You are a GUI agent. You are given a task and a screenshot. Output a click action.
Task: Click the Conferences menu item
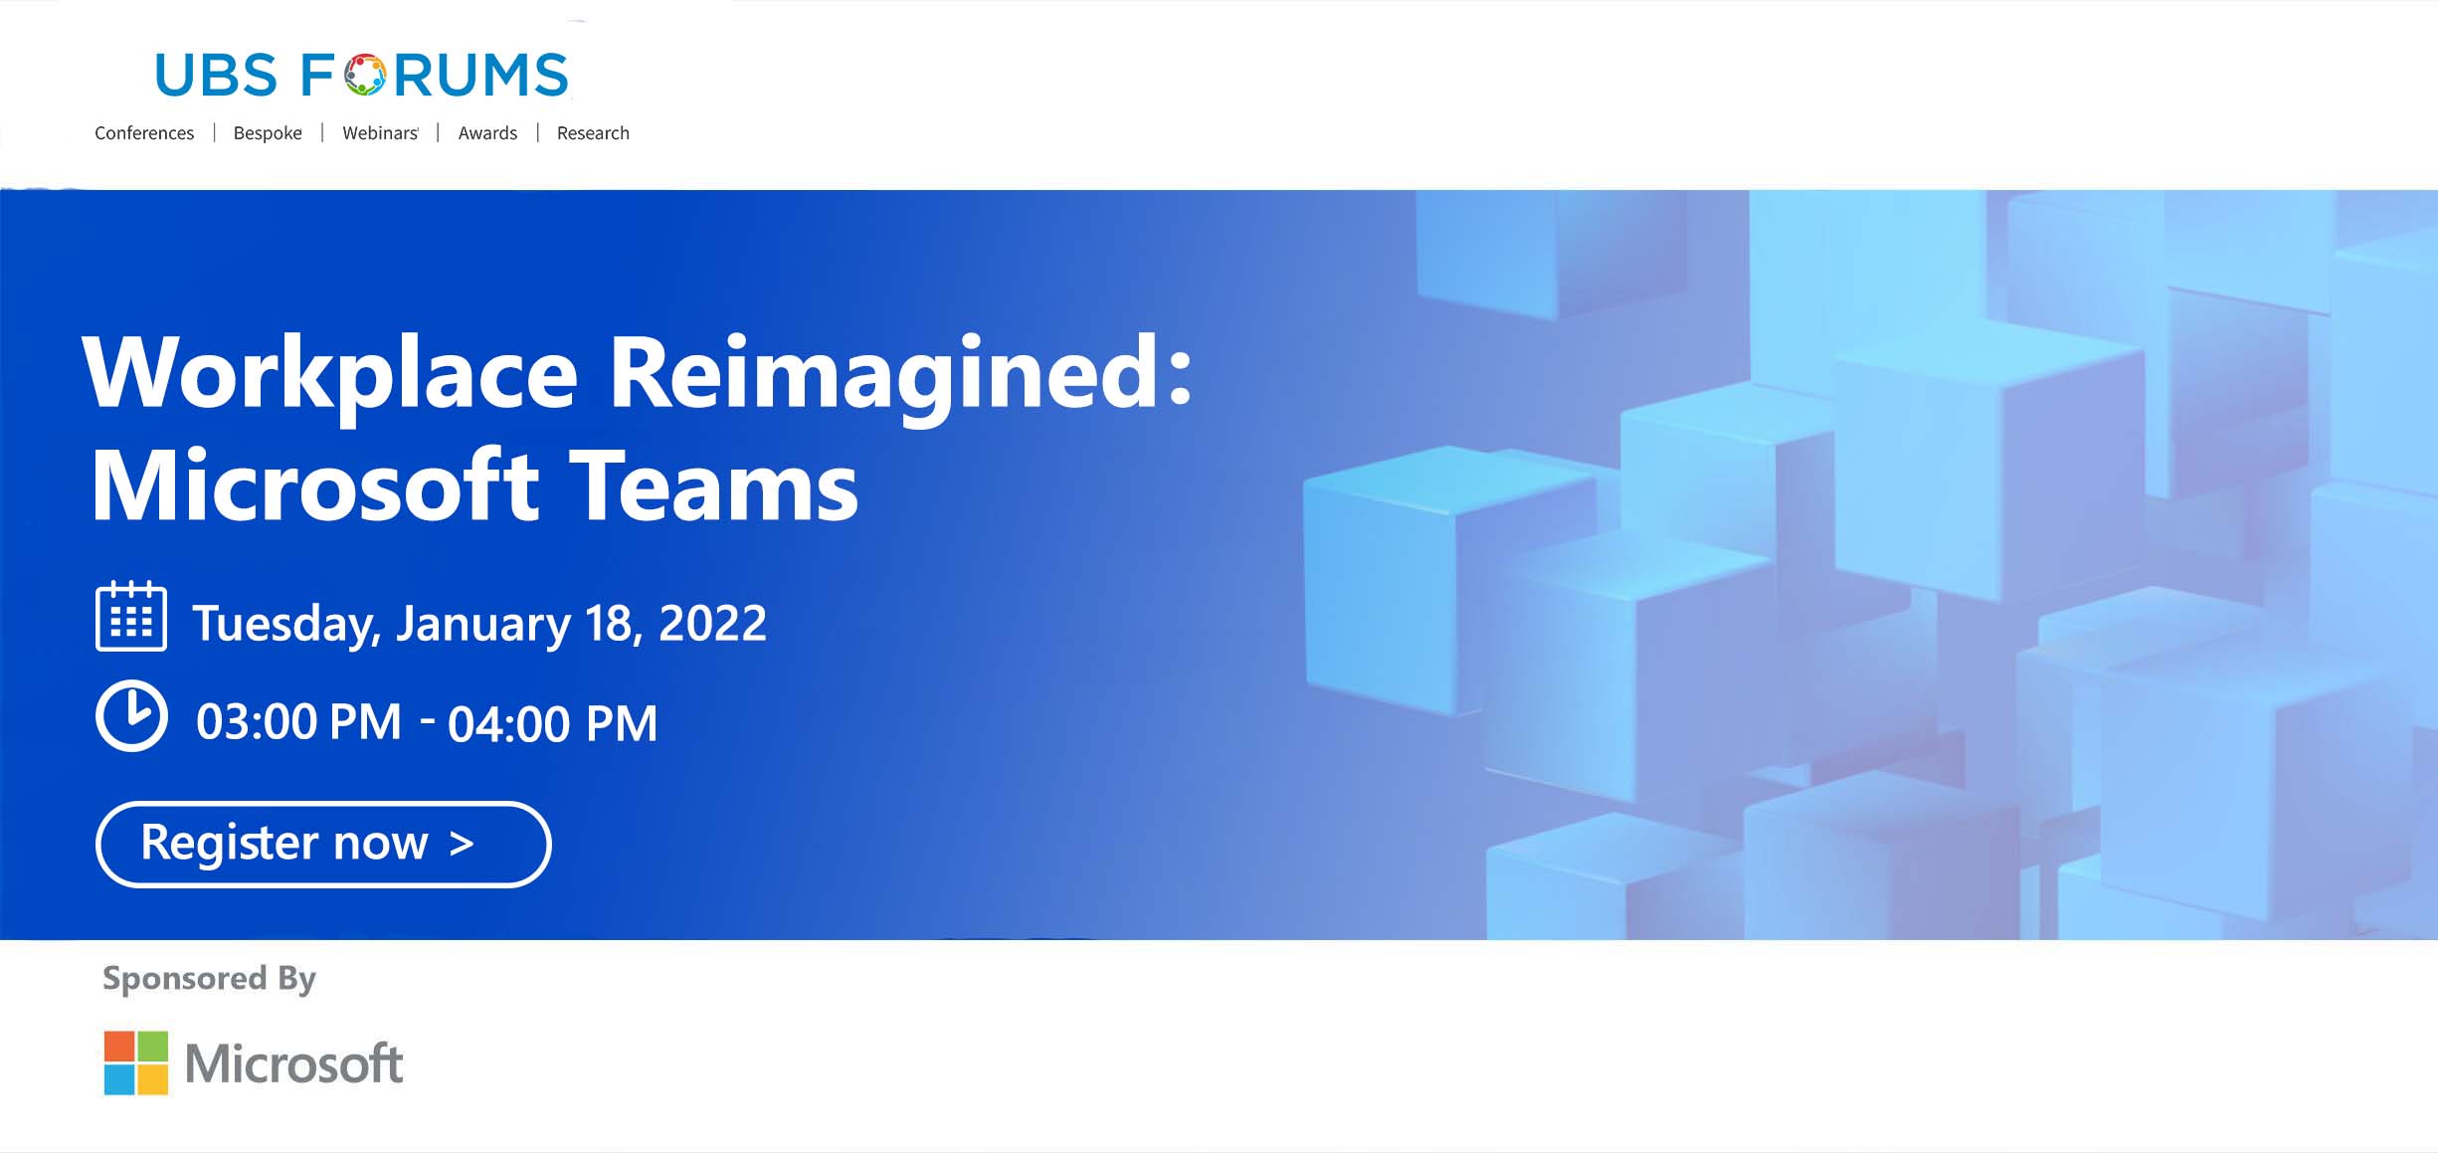coord(144,133)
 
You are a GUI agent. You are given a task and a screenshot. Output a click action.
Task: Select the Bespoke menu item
coord(268,133)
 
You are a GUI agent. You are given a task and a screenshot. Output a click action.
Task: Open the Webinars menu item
coord(380,133)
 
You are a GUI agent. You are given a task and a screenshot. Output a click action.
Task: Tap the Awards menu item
coord(487,133)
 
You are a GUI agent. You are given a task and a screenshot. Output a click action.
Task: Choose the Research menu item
coord(593,133)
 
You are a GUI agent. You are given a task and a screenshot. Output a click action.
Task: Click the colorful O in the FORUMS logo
coord(365,75)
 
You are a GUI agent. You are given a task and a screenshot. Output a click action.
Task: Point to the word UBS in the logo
coord(216,76)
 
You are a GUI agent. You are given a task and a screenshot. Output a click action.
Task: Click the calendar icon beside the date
coord(131,616)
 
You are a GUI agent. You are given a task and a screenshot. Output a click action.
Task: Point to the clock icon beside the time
coord(131,716)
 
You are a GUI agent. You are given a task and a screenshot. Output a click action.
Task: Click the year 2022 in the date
coord(712,624)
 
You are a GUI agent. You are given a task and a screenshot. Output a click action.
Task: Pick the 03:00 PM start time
coord(298,721)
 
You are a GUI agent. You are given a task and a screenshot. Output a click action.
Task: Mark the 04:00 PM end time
coord(553,723)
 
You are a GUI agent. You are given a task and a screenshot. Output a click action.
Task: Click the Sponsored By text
coord(209,979)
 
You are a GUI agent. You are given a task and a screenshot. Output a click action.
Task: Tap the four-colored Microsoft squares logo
coord(136,1062)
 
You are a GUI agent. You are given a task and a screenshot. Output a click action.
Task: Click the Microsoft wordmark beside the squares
coord(293,1063)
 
